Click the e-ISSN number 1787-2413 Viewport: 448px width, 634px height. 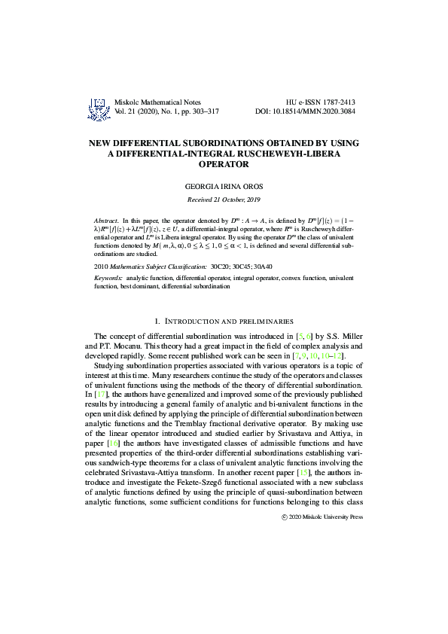(x=337, y=102)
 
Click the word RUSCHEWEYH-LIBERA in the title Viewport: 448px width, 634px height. (x=297, y=153)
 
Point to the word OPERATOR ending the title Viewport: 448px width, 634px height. (x=223, y=163)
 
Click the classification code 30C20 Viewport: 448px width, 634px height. (x=219, y=267)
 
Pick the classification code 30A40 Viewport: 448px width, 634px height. (x=264, y=267)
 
